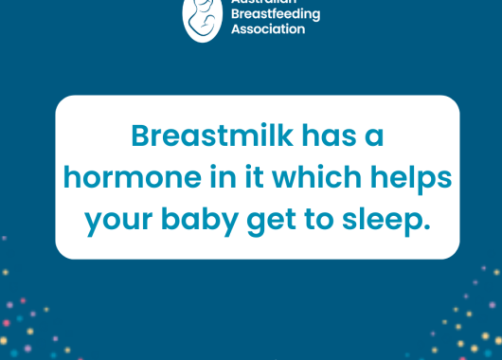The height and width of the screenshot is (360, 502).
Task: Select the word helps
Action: click(x=408, y=179)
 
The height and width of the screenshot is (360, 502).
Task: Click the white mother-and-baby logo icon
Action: click(x=203, y=16)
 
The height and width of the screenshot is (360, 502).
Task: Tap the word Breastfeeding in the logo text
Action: click(x=275, y=14)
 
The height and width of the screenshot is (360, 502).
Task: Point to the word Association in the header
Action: click(x=268, y=28)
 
